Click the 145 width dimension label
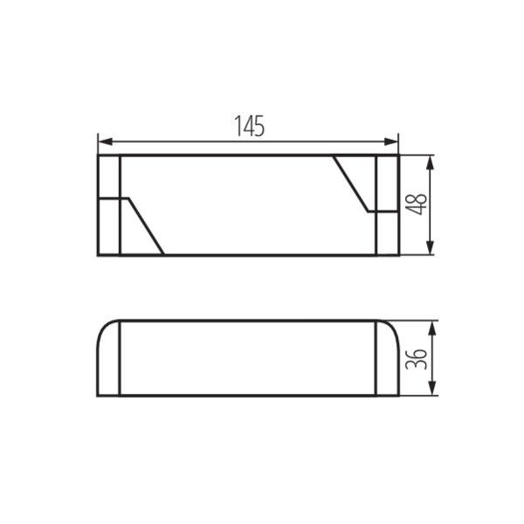coord(249,126)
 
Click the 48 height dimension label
coord(416,204)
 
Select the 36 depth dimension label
coord(416,359)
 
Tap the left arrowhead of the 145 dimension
coord(106,141)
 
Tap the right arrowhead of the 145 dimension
coord(390,141)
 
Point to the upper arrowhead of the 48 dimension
coord(431,162)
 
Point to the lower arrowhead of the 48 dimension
coord(431,248)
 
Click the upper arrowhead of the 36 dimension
coord(432,328)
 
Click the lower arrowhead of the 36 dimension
coord(432,389)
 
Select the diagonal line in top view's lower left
coord(146,226)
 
